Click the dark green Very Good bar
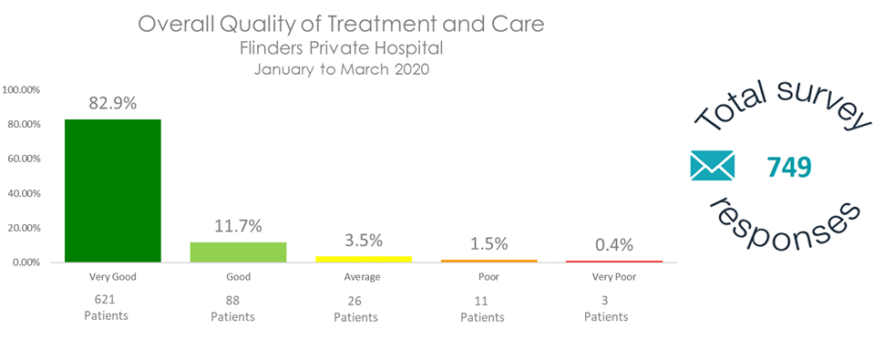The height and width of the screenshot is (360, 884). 113,191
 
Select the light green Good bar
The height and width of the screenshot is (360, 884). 239,252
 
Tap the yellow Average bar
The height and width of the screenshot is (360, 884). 364,259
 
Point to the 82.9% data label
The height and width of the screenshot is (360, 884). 113,104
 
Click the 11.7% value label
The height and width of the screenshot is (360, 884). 239,226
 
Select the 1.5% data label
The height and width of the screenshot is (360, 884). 488,243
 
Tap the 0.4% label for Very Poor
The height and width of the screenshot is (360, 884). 614,245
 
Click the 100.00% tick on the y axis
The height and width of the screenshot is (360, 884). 21,89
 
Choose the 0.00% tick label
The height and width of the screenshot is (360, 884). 25,262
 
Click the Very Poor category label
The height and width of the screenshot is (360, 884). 614,277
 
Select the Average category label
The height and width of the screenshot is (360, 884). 362,277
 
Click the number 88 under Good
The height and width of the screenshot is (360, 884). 232,300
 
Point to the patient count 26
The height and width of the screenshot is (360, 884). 355,301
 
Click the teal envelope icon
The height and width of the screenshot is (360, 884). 712,166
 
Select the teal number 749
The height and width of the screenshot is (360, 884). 788,168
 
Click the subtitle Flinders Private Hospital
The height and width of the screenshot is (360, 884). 341,48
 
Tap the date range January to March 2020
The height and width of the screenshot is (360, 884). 342,70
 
